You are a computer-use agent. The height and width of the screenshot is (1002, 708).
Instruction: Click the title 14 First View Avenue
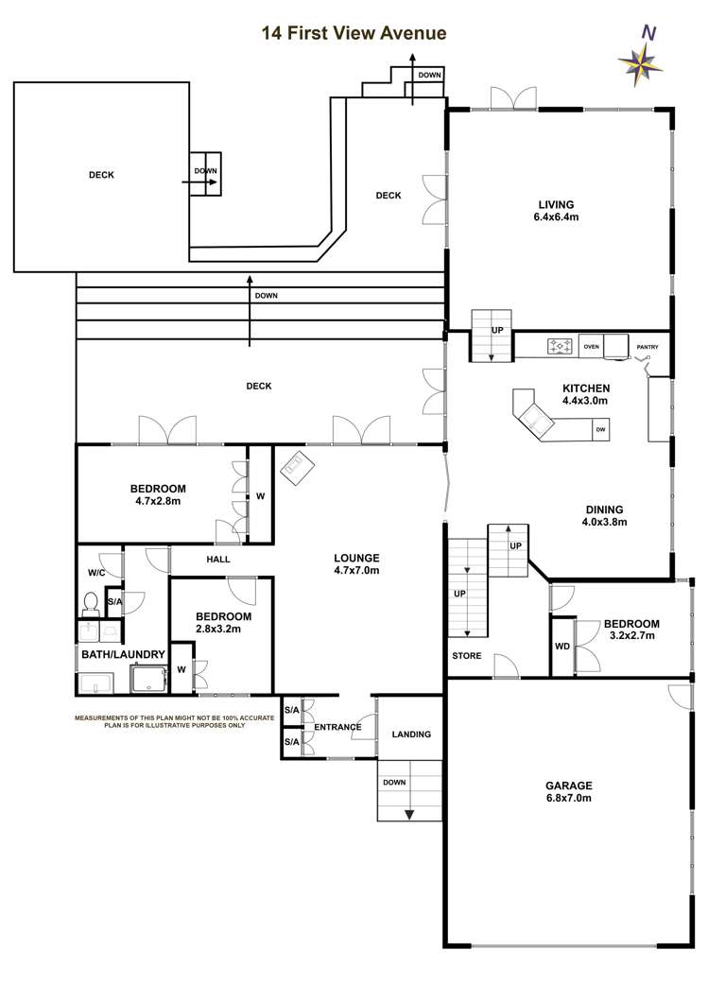click(x=354, y=33)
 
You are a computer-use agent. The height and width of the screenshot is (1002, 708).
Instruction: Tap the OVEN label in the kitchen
click(x=591, y=347)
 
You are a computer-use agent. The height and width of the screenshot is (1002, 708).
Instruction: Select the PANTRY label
click(x=648, y=347)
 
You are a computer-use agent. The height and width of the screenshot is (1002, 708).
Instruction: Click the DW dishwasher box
click(x=599, y=431)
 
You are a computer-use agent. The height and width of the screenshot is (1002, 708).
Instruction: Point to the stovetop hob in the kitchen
click(x=561, y=347)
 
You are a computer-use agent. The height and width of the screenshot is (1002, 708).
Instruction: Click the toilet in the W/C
click(x=92, y=602)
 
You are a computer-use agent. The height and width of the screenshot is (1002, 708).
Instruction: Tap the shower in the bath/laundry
click(x=147, y=679)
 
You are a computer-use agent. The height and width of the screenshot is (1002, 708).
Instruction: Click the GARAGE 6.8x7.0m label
click(x=568, y=791)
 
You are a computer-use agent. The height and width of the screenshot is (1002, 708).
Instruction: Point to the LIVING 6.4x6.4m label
click(x=556, y=211)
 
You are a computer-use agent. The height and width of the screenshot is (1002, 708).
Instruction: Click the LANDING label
click(x=410, y=734)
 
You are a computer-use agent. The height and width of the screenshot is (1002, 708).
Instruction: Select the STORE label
click(x=466, y=656)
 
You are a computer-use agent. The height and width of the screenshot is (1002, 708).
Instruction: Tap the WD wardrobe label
click(x=562, y=647)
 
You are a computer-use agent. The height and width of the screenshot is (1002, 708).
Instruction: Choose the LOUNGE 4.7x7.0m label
click(x=356, y=563)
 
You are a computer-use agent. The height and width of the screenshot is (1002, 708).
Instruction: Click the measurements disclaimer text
click(x=174, y=721)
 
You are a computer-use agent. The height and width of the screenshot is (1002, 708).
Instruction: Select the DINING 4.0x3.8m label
click(x=604, y=514)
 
